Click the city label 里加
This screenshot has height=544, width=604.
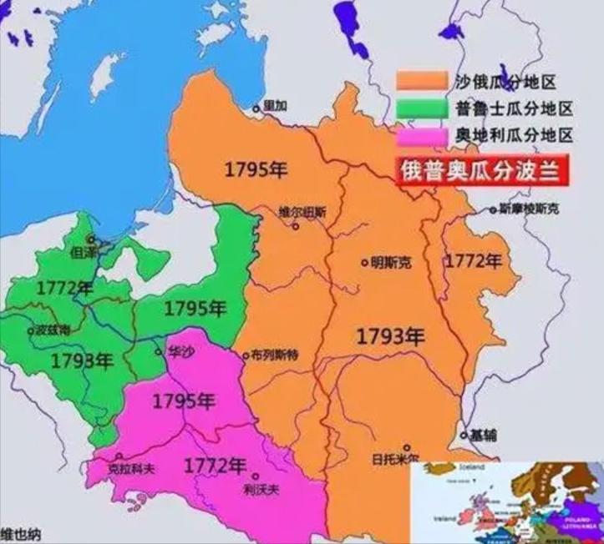click(x=275, y=106)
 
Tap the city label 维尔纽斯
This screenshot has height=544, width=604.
click(x=301, y=213)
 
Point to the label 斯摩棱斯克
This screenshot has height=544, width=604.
click(x=529, y=207)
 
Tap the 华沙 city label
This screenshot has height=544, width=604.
click(x=180, y=352)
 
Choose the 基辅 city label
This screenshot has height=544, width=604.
click(x=482, y=435)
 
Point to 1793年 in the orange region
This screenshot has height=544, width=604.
click(x=391, y=336)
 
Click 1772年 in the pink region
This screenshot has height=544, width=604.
click(x=216, y=465)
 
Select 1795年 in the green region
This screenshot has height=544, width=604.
click(x=195, y=308)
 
